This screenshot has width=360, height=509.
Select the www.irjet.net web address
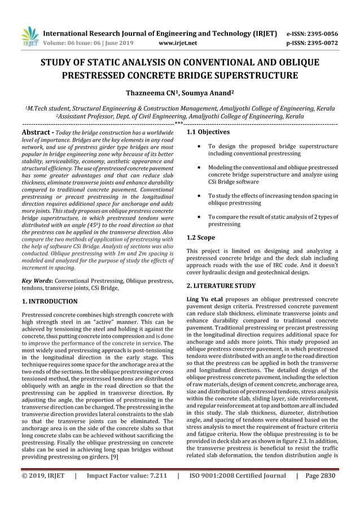[178, 42]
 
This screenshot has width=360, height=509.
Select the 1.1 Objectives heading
[208, 132]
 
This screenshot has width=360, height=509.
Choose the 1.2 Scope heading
[201, 238]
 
